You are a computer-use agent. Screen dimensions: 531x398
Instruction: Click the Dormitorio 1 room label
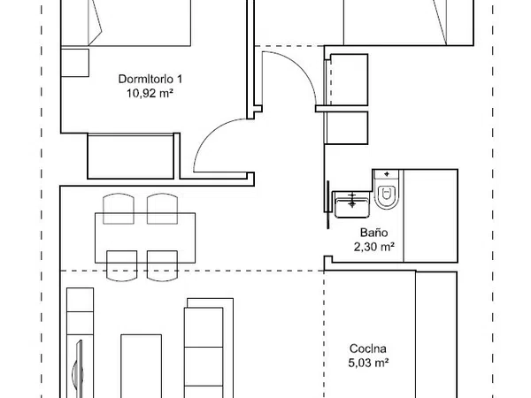click(x=150, y=80)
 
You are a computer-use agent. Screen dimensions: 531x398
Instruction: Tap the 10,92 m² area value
click(x=150, y=93)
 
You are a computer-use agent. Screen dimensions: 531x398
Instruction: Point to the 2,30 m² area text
click(x=373, y=247)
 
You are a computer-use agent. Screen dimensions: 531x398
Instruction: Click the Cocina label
click(x=368, y=348)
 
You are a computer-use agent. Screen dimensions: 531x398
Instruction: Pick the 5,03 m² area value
click(x=368, y=364)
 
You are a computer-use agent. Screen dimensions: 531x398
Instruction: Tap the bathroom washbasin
click(x=352, y=204)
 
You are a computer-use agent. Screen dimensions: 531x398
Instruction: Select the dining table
click(x=145, y=238)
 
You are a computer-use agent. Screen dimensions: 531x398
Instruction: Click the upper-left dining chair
click(x=119, y=209)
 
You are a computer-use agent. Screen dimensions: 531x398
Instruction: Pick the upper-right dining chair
click(x=162, y=209)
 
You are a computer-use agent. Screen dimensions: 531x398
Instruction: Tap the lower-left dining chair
click(x=121, y=265)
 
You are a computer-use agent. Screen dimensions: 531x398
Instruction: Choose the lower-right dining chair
click(x=162, y=265)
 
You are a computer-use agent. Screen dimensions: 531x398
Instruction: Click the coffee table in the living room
click(x=142, y=366)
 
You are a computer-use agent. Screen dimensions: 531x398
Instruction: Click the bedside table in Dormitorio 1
click(x=75, y=63)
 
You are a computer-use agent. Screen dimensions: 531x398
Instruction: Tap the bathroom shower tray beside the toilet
click(x=430, y=216)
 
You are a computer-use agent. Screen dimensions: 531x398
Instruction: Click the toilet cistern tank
click(x=387, y=175)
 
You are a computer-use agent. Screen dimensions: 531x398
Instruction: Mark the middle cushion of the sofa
click(x=204, y=366)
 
